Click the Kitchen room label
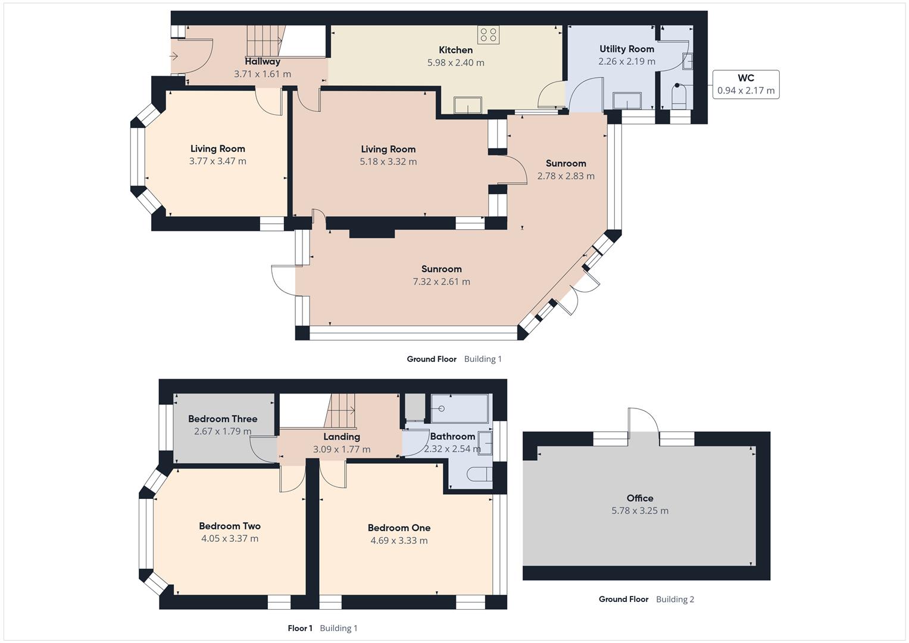455,50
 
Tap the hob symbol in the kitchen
488,35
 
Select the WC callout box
745,85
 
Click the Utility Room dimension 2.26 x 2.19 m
626,61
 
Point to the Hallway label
262,61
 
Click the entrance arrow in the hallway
174,57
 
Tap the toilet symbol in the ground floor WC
679,96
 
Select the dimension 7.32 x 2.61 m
441,282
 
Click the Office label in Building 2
639,498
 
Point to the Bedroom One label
399,528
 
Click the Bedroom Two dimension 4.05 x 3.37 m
229,539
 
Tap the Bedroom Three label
223,419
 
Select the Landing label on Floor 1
341,437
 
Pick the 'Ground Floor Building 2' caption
646,599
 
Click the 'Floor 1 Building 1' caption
322,628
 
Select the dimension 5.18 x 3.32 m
388,162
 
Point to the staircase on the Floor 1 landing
341,411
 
